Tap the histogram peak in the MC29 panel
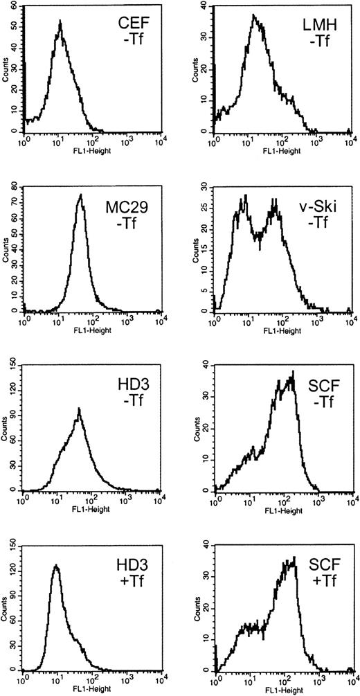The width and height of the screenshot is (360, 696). (x=80, y=195)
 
